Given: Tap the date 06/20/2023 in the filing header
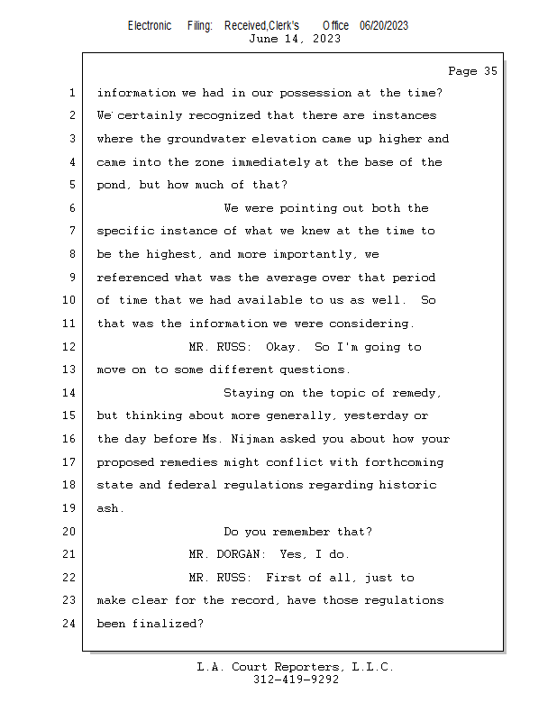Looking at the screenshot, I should [x=383, y=25].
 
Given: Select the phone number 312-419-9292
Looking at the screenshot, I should [x=296, y=680].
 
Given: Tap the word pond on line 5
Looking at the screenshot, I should [x=111, y=185].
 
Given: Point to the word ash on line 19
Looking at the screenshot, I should [x=108, y=508].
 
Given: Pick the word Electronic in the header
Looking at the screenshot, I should [x=150, y=25].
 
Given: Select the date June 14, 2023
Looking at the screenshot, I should [x=294, y=39].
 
